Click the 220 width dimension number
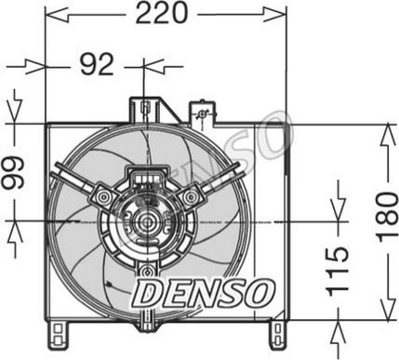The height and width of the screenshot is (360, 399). coord(162,13)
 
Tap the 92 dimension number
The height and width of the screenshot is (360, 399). coord(97,65)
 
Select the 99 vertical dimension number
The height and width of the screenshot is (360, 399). coord(13,173)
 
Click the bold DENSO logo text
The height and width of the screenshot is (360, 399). coord(204,292)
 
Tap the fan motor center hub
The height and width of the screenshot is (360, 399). coord(147,221)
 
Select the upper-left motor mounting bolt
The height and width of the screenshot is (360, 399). coord(104,196)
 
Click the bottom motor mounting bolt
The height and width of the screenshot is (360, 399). coord(147,271)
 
